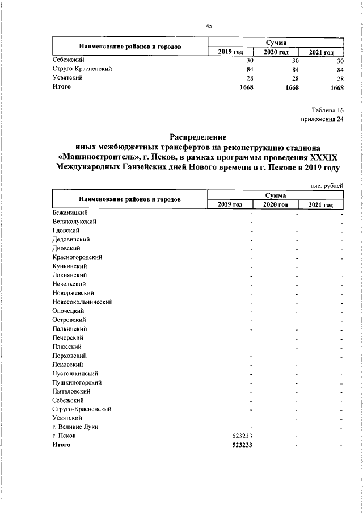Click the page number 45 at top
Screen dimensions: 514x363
click(x=209, y=26)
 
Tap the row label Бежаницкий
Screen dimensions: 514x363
click(x=67, y=212)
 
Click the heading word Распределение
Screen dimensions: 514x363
click(x=198, y=137)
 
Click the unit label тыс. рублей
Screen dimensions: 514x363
click(x=326, y=185)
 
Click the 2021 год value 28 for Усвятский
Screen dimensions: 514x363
click(x=340, y=78)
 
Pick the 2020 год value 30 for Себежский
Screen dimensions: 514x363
click(x=294, y=60)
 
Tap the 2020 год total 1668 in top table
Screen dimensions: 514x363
click(x=292, y=87)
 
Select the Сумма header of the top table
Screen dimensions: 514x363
click(x=276, y=43)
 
